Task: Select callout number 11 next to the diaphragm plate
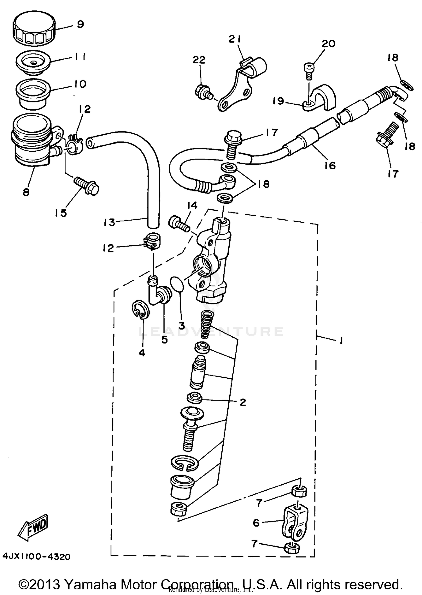pos(80,57)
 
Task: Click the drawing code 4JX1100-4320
pos(37,556)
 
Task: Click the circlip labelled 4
pos(141,310)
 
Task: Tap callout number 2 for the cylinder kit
pos(243,402)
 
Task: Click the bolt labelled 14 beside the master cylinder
pos(179,224)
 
